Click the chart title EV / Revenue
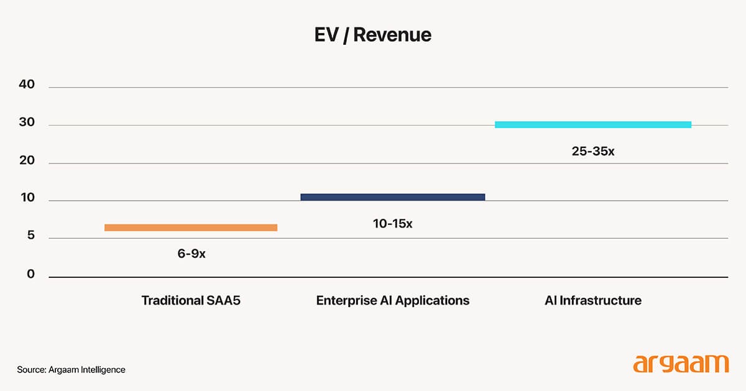coord(372,35)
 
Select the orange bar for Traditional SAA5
coord(191,228)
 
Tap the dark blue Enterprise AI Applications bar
coord(392,197)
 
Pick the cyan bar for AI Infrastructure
coord(592,124)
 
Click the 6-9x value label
coord(191,254)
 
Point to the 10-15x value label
coord(392,223)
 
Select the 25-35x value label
coord(592,150)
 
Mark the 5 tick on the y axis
coord(30,236)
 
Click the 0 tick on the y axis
coord(30,274)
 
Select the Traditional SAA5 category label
coord(191,301)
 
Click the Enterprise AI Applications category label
coord(392,301)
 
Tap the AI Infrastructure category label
coord(592,301)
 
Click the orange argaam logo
coord(680,364)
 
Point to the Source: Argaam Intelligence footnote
coord(71,370)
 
